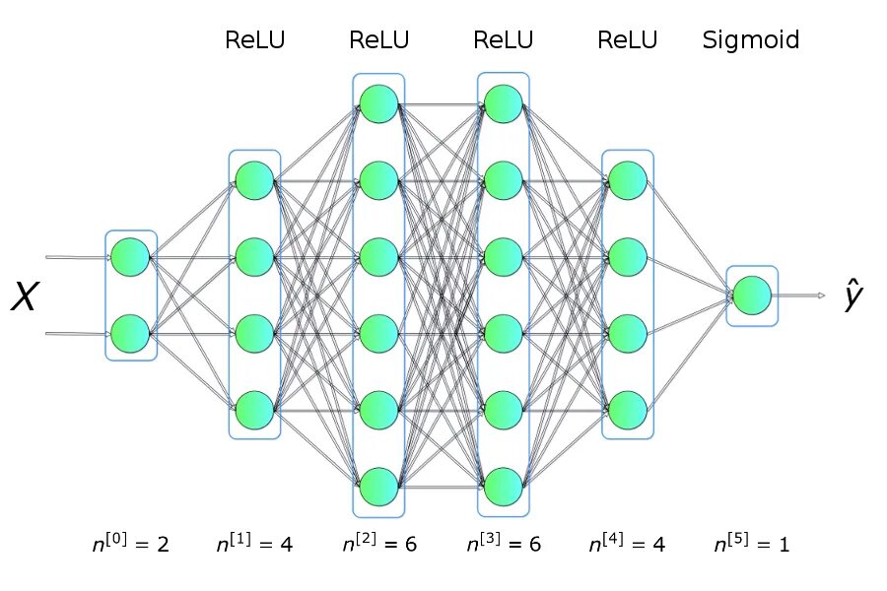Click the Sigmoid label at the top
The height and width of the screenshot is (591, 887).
[x=751, y=40]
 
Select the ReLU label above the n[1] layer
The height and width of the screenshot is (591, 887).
[x=254, y=40]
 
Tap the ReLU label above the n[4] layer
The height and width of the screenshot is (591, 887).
[x=628, y=40]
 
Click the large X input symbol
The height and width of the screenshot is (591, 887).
[x=25, y=295]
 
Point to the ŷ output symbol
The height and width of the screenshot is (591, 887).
[x=853, y=295]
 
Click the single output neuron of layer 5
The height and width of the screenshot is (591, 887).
[x=752, y=295]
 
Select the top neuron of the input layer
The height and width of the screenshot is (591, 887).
[x=130, y=257]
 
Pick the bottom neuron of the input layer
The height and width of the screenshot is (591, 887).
[x=130, y=334]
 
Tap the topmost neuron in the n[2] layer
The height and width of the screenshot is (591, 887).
[x=379, y=104]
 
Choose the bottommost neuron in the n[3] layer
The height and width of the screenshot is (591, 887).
[x=504, y=487]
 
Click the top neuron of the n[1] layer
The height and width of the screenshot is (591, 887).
[x=254, y=180]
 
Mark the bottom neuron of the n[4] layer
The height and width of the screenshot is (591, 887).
[x=628, y=410]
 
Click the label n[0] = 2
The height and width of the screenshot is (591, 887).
[x=131, y=544]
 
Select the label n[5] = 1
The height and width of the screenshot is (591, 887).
[x=752, y=544]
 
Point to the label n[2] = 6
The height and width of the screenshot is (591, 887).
[x=379, y=544]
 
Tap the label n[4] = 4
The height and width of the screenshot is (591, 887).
[x=628, y=544]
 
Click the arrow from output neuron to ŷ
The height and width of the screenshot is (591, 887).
[x=798, y=295]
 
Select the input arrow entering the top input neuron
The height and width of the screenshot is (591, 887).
[x=78, y=257]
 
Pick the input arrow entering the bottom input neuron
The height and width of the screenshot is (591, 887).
[x=78, y=334]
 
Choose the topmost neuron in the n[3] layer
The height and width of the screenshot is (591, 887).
[x=504, y=104]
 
